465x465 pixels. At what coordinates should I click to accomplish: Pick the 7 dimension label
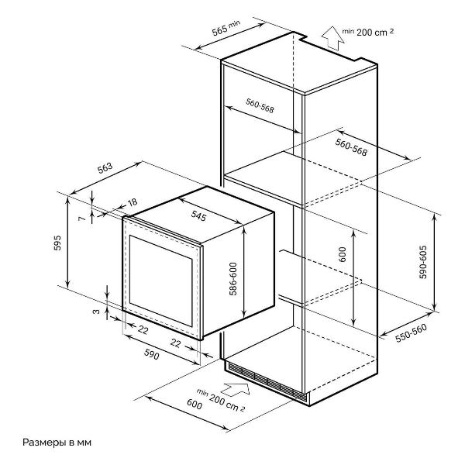click(81, 219)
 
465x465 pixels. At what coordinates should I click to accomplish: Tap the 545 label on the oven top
click(198, 218)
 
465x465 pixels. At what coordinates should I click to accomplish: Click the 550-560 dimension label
click(411, 332)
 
